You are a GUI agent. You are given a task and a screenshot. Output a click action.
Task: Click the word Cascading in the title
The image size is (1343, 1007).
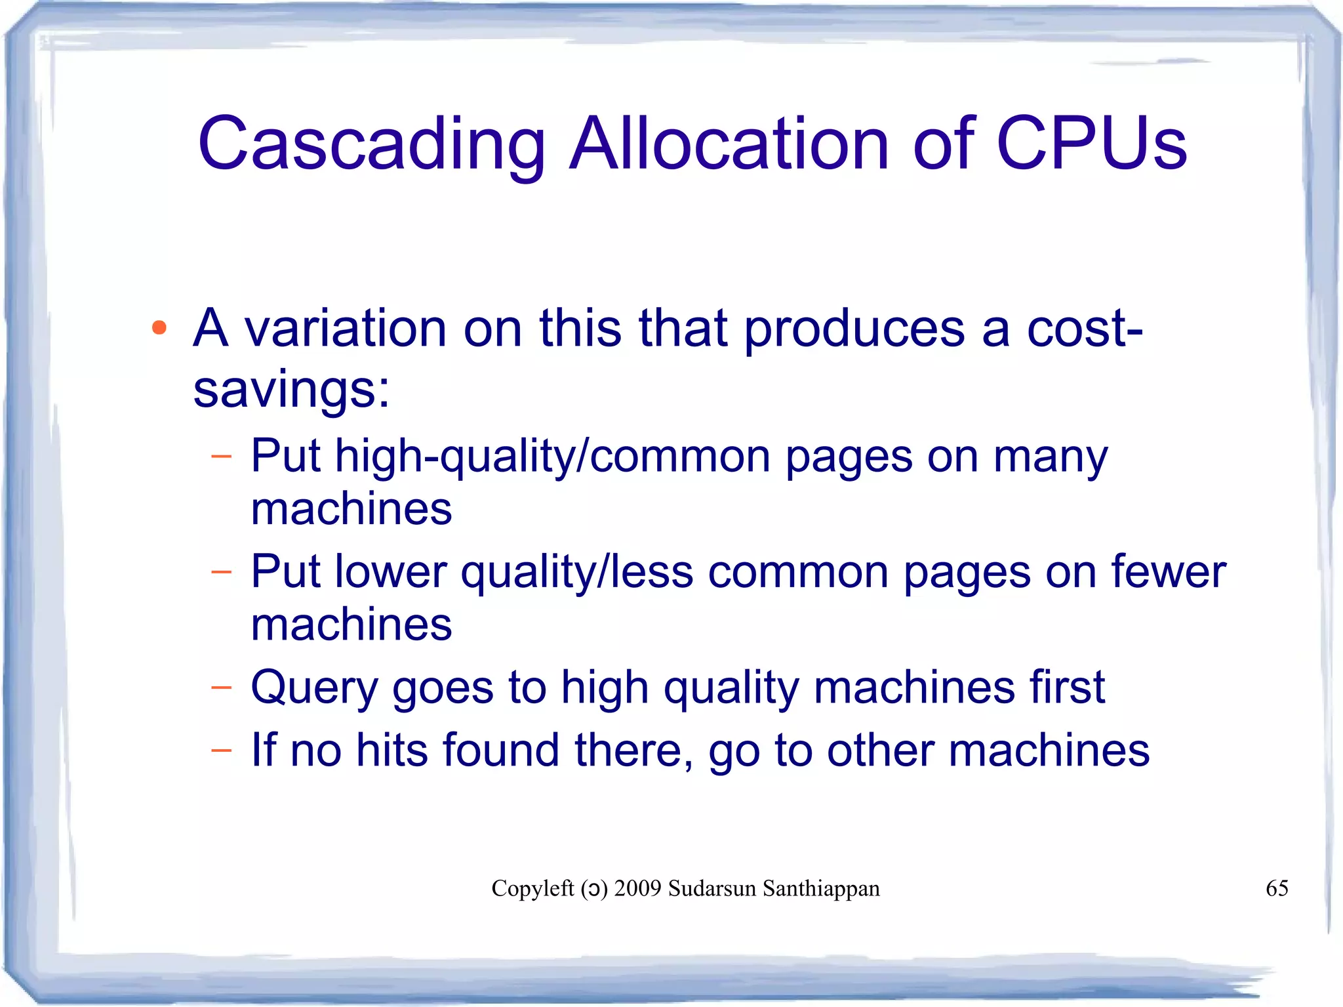(371, 144)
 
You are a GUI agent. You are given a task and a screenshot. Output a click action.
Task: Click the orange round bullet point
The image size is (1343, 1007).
(159, 327)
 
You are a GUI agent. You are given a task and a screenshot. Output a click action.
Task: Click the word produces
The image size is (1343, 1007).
(854, 329)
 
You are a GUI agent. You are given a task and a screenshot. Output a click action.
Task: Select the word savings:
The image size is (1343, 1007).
(291, 390)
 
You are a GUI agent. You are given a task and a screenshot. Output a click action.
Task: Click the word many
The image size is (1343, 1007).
(1050, 457)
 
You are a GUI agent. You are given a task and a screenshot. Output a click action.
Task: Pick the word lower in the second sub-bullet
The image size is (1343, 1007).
(391, 571)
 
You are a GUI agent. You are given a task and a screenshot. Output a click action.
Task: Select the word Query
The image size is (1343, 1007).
(314, 688)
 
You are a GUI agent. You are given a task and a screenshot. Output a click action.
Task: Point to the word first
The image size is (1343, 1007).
(1067, 687)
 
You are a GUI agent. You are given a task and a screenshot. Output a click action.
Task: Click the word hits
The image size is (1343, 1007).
(391, 750)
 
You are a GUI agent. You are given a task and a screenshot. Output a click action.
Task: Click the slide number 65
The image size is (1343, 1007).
(1277, 888)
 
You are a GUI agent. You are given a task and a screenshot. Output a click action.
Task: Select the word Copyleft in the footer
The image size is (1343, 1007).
(532, 888)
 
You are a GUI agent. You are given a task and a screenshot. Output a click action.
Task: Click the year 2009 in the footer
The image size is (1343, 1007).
(637, 888)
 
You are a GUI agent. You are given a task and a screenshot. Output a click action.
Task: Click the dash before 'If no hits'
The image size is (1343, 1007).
(222, 750)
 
